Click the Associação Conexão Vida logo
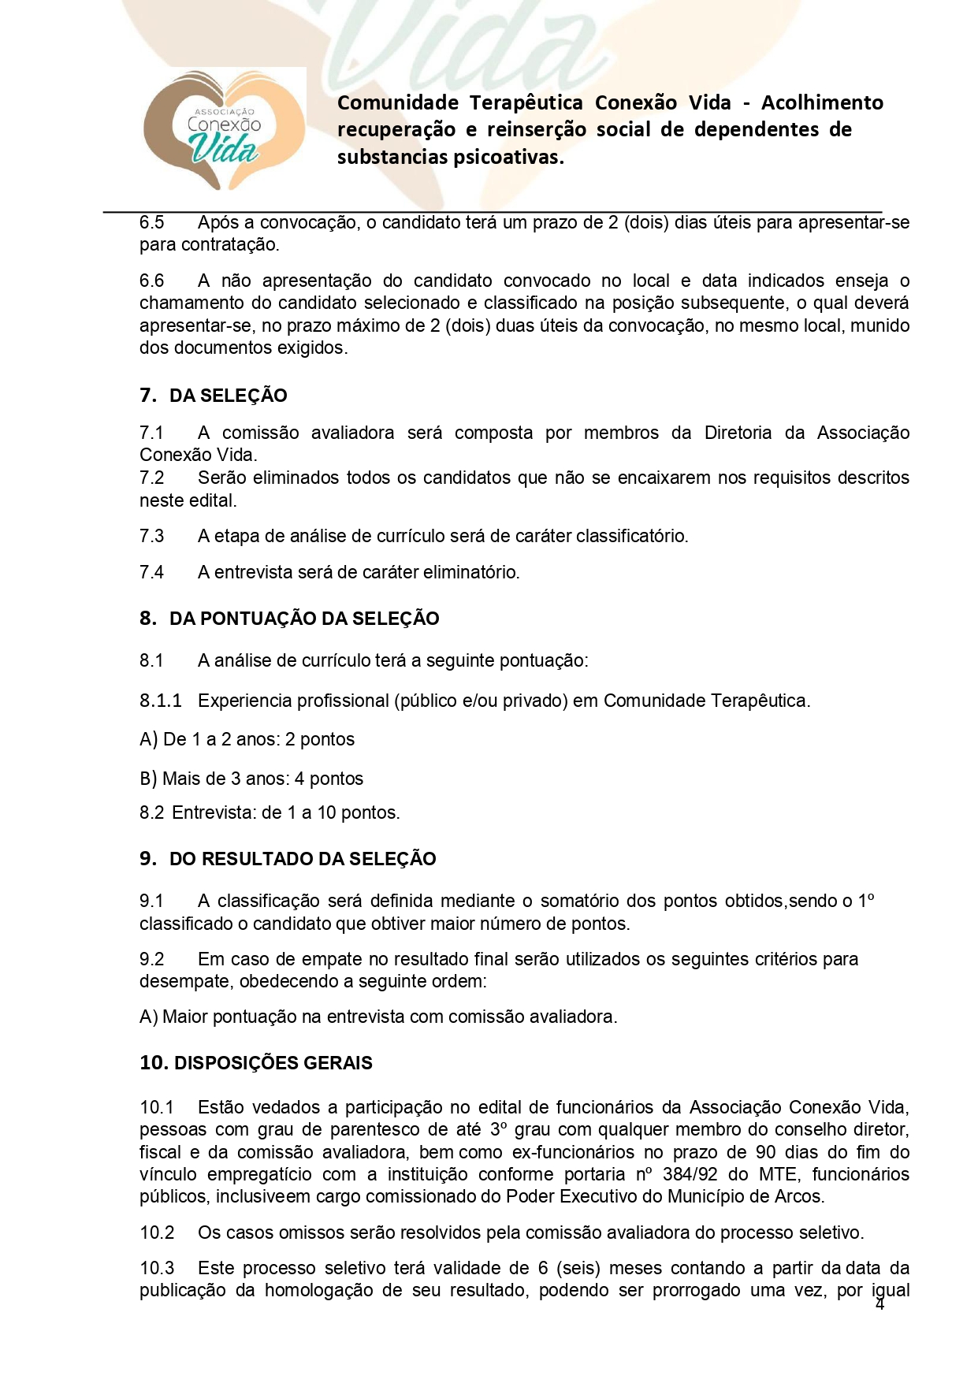click(x=224, y=131)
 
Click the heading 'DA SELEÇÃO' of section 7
click(x=228, y=396)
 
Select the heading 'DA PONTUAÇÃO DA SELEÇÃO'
click(x=304, y=619)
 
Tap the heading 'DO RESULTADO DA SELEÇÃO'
click(x=303, y=859)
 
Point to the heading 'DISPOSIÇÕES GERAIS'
click(x=273, y=1063)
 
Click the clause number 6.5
click(x=152, y=223)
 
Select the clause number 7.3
click(x=152, y=537)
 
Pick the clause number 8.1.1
click(x=161, y=701)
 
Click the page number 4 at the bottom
click(x=880, y=1305)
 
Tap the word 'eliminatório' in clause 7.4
click(x=470, y=572)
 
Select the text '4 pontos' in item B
click(x=329, y=779)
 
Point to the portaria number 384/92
click(x=690, y=1174)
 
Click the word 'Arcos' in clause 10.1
click(x=799, y=1197)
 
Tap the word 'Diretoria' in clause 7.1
click(x=738, y=433)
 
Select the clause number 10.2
click(x=157, y=1232)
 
